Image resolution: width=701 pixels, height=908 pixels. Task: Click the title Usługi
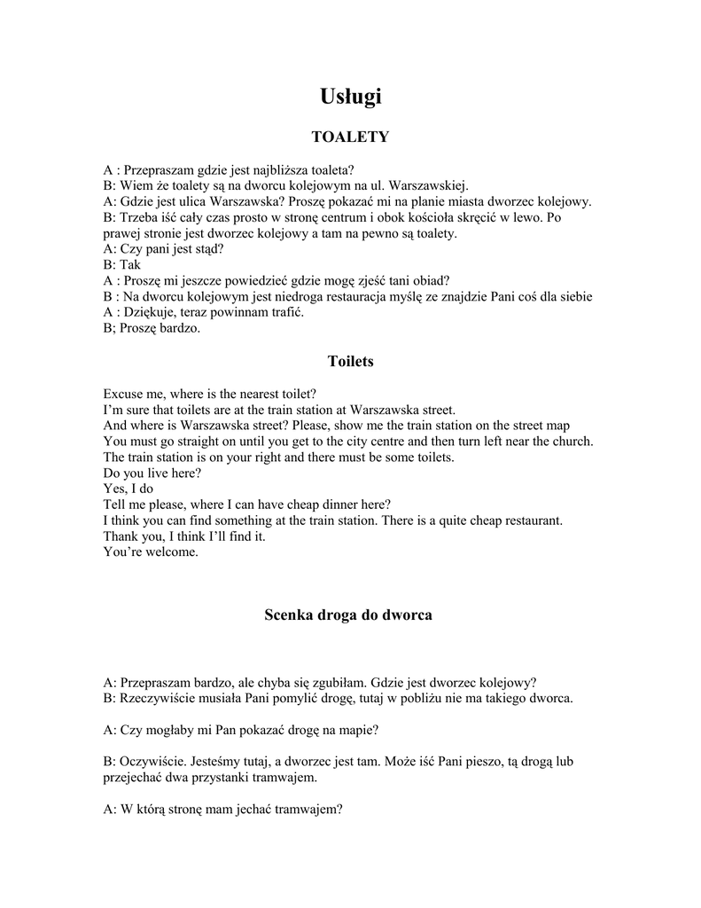[x=350, y=97]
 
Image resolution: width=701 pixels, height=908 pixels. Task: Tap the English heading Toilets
[x=350, y=361]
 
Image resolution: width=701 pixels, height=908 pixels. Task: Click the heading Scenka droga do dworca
[x=348, y=614]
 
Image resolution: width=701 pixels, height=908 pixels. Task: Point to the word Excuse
[x=123, y=393]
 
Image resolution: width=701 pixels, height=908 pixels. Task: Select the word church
[x=572, y=441]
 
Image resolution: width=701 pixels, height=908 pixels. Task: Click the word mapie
[x=361, y=730]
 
